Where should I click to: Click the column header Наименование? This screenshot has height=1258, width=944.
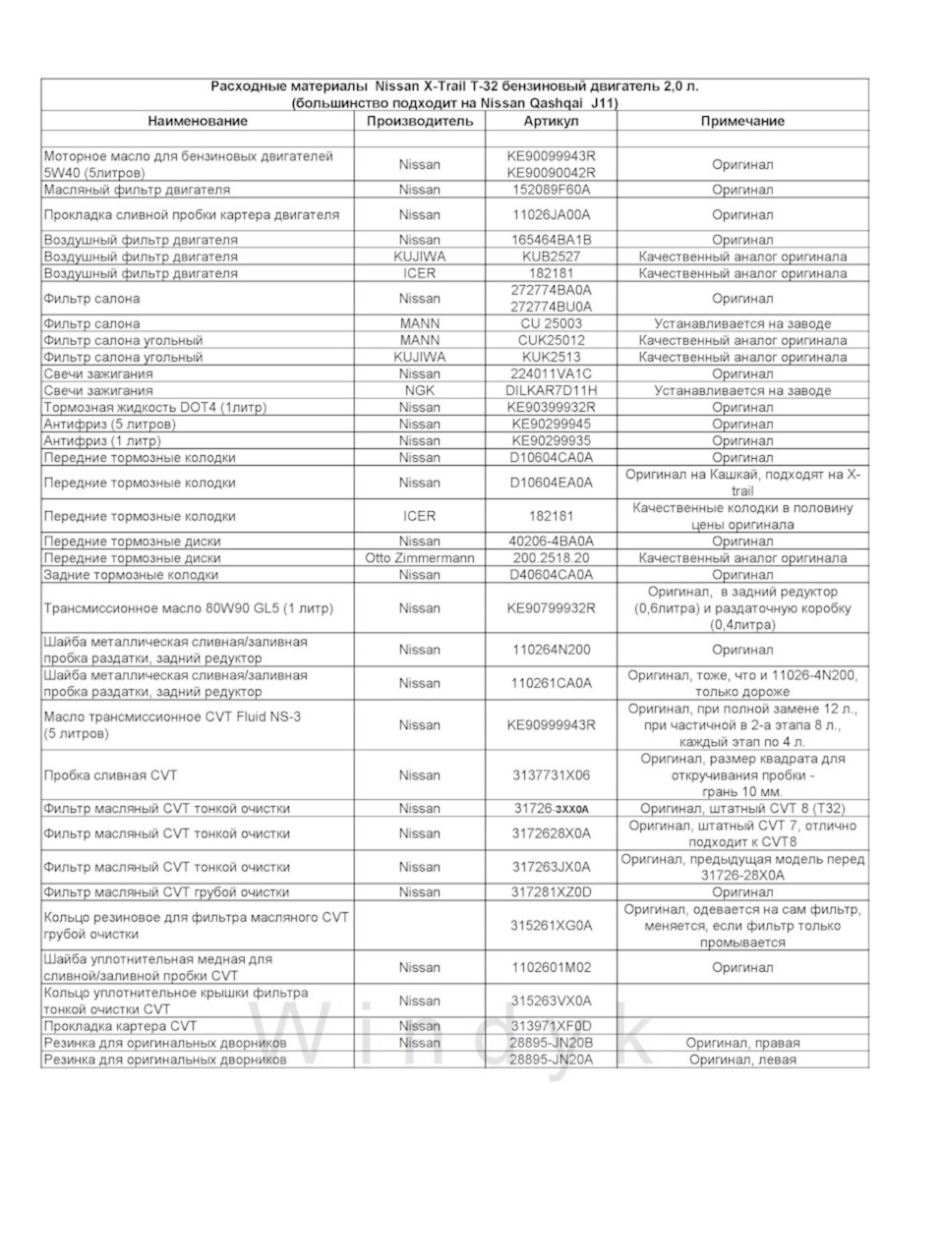tap(198, 121)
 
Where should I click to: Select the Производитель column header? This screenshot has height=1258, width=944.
tap(420, 121)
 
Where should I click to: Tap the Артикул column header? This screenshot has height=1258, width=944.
tap(551, 121)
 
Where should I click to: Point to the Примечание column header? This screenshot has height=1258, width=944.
tap(742, 121)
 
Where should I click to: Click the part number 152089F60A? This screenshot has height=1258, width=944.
tap(551, 190)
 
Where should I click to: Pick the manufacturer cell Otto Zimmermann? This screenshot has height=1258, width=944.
tap(420, 558)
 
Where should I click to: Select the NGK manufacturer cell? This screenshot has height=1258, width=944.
tap(420, 390)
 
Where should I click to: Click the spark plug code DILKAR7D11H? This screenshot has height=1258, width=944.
tap(551, 390)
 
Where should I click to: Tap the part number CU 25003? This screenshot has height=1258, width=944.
tap(551, 323)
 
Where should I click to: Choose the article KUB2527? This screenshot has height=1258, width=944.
tap(551, 257)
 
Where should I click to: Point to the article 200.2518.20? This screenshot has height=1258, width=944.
tap(551, 558)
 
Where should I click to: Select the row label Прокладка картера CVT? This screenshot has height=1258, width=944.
tap(121, 1026)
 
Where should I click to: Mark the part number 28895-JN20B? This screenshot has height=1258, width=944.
tap(551, 1043)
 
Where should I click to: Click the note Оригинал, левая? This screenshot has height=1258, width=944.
tap(742, 1059)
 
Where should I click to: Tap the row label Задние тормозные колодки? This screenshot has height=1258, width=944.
tap(131, 575)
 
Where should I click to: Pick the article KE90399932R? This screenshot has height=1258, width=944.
tap(551, 407)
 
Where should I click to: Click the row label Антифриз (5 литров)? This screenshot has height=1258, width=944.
tap(110, 424)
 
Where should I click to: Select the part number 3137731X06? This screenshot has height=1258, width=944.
tap(551, 775)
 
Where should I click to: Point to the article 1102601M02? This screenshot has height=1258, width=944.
tap(551, 968)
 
